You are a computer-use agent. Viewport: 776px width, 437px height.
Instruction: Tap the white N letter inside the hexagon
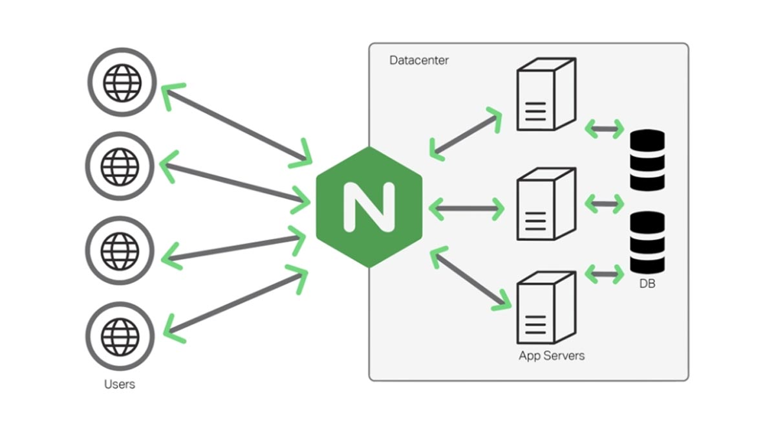(x=369, y=207)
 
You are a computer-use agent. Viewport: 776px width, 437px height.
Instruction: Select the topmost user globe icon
(x=122, y=82)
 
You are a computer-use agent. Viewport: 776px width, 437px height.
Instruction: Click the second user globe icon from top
(x=121, y=166)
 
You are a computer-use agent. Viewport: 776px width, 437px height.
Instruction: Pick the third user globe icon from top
(x=121, y=250)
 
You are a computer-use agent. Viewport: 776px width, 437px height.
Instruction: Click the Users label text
(x=120, y=384)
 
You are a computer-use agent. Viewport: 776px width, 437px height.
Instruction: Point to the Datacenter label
(x=419, y=60)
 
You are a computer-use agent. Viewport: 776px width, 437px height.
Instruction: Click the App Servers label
(x=552, y=355)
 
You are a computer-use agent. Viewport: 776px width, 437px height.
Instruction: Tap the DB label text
(x=647, y=284)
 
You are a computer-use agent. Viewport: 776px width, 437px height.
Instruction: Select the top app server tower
(x=546, y=95)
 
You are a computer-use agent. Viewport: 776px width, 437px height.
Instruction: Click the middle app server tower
(x=546, y=203)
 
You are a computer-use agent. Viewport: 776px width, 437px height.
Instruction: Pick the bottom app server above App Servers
(x=546, y=308)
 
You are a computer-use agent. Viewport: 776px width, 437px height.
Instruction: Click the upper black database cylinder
(x=647, y=160)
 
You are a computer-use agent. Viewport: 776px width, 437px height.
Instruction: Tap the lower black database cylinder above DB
(x=647, y=242)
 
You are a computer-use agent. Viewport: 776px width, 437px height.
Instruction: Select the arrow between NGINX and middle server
(x=466, y=208)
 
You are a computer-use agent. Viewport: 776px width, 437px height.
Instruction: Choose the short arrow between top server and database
(x=604, y=129)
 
